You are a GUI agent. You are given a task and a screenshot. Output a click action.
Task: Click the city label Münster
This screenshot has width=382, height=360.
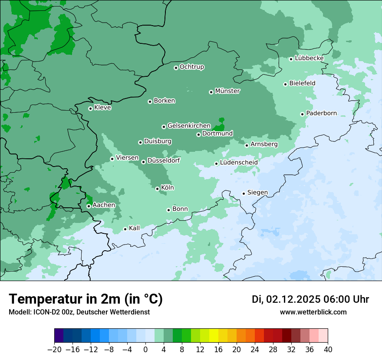(227, 91)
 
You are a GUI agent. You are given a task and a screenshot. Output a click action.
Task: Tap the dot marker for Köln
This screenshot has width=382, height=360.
(157, 189)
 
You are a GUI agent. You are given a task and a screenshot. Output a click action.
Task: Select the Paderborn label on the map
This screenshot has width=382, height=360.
(321, 113)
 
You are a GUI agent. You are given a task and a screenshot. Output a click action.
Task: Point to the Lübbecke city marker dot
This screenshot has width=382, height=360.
(291, 59)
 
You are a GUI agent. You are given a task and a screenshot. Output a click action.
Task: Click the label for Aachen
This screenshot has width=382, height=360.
(104, 205)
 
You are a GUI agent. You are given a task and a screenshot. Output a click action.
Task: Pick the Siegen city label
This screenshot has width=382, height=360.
(257, 193)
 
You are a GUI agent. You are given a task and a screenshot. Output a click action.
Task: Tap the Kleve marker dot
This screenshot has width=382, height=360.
(90, 108)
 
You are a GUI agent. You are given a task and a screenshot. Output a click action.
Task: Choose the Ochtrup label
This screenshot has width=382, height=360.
(192, 67)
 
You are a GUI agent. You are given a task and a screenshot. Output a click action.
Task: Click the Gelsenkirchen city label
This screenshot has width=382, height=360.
(189, 126)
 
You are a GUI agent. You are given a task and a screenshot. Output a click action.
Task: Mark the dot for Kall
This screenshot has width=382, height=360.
(125, 229)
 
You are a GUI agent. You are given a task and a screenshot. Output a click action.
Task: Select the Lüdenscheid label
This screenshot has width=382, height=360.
(239, 163)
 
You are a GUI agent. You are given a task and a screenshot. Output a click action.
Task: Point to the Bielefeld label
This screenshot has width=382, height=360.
(302, 83)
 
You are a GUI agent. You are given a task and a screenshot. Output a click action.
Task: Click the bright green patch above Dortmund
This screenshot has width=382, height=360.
(220, 125)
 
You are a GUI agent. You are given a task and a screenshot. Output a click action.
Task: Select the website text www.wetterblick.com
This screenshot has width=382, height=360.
(313, 312)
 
